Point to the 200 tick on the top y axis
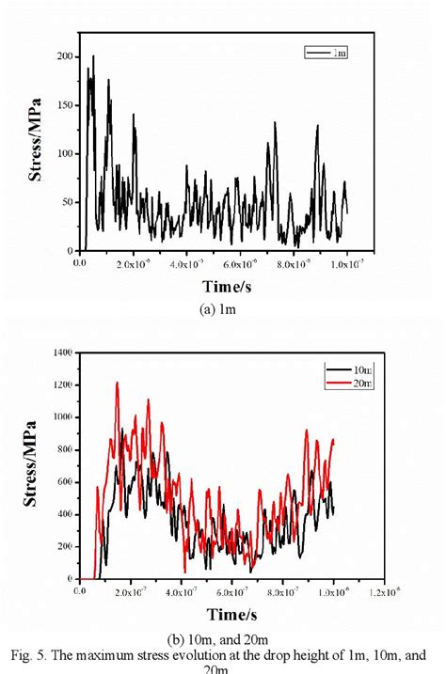click(x=64, y=56)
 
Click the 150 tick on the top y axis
click(x=64, y=105)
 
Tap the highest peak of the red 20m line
click(x=117, y=383)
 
